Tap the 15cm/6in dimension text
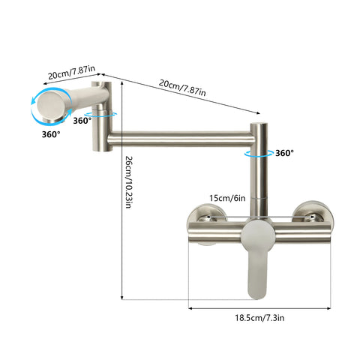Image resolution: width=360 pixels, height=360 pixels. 226,199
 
